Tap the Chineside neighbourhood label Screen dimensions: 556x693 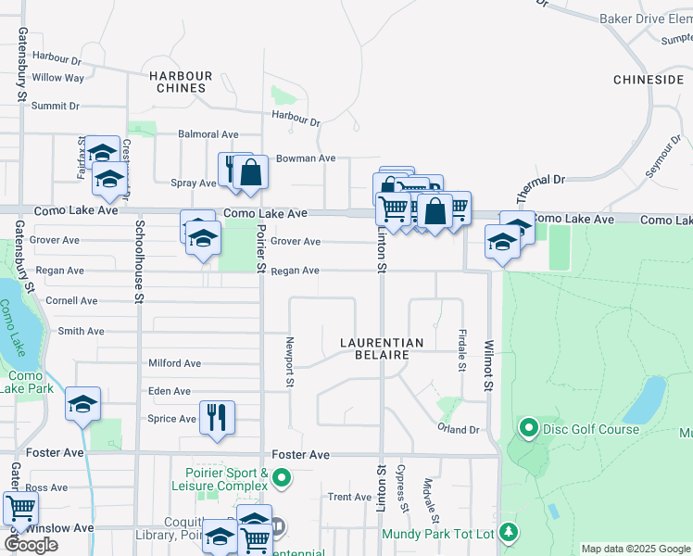[x=649, y=81]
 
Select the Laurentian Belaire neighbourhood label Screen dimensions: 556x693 [x=382, y=348]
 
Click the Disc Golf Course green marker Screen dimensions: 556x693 [x=529, y=428]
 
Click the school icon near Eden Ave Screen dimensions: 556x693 [x=82, y=404]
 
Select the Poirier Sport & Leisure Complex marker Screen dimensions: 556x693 [x=283, y=478]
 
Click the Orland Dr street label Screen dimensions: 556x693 [x=459, y=430]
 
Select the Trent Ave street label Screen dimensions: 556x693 [x=350, y=498]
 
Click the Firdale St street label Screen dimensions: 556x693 [x=461, y=351]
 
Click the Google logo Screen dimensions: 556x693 [x=31, y=545]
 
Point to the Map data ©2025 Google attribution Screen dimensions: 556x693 [x=636, y=549]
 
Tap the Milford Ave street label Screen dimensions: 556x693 [x=174, y=364]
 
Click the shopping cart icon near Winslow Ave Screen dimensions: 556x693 [x=19, y=508]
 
